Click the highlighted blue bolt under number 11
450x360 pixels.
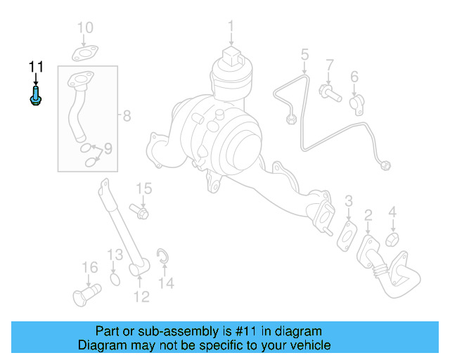tap(35, 96)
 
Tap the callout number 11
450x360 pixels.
tap(36, 67)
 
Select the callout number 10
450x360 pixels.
tap(84, 28)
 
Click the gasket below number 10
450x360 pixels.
tap(84, 53)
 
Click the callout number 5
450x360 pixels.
tap(304, 54)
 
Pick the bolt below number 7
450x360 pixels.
tap(329, 91)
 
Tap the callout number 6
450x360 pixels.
tap(354, 77)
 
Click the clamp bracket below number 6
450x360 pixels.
tap(356, 103)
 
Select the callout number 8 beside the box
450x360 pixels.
tap(127, 116)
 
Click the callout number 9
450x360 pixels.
tap(108, 148)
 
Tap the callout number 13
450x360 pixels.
tap(115, 255)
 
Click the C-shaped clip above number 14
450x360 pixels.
tap(162, 257)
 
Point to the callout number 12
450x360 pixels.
tap(141, 297)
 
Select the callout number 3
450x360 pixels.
tap(348, 205)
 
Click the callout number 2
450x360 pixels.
tap(368, 214)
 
